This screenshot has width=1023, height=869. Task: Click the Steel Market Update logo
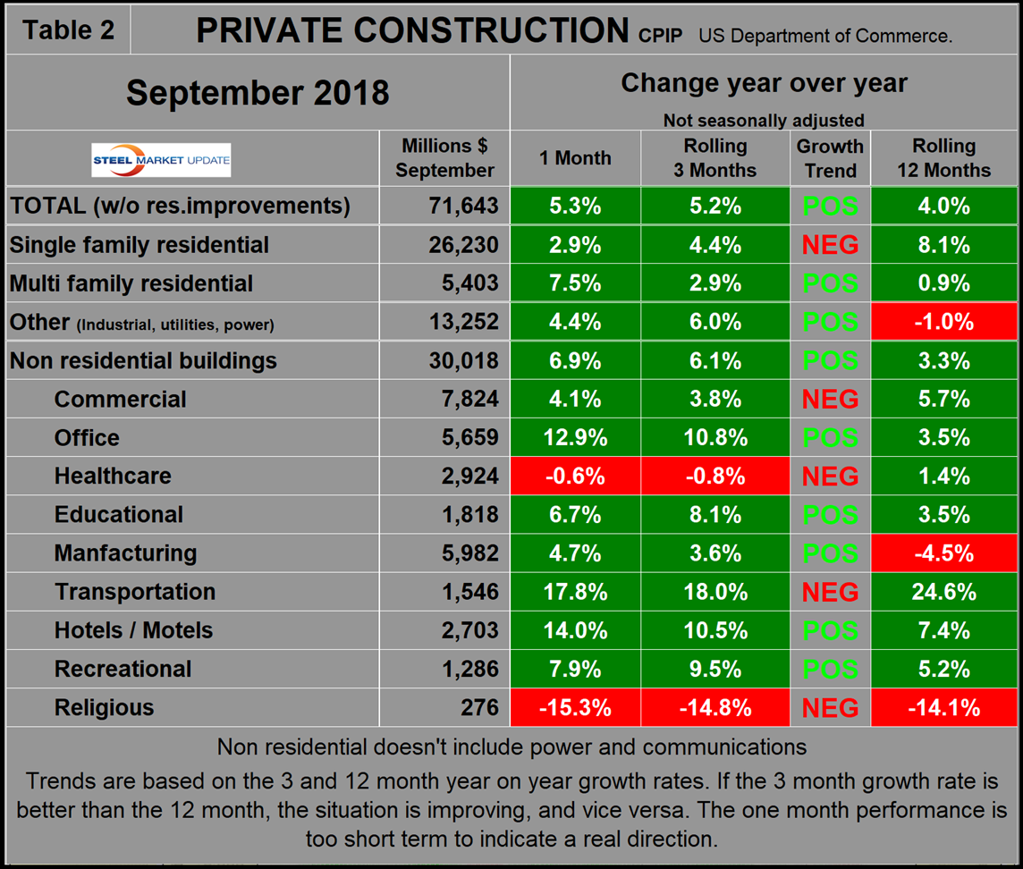point(161,160)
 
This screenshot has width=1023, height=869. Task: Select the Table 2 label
point(69,30)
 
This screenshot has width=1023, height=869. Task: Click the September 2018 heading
point(258,93)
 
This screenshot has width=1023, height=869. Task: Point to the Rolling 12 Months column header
point(943,158)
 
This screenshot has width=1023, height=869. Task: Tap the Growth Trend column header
point(830,158)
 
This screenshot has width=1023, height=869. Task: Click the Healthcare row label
point(113,477)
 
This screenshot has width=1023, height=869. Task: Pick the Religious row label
point(104,708)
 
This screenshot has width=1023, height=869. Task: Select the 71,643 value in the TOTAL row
point(462,207)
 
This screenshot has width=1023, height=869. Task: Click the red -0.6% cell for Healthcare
point(575,477)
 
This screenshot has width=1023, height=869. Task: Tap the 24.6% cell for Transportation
point(943,592)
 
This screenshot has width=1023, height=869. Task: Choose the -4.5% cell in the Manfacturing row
point(943,553)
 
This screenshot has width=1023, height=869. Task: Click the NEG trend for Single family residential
point(830,245)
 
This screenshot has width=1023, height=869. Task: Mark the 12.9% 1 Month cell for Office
point(575,438)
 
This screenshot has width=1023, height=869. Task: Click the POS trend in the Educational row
point(830,515)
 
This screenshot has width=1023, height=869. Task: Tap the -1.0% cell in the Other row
point(943,322)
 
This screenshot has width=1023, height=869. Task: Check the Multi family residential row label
point(131,283)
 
